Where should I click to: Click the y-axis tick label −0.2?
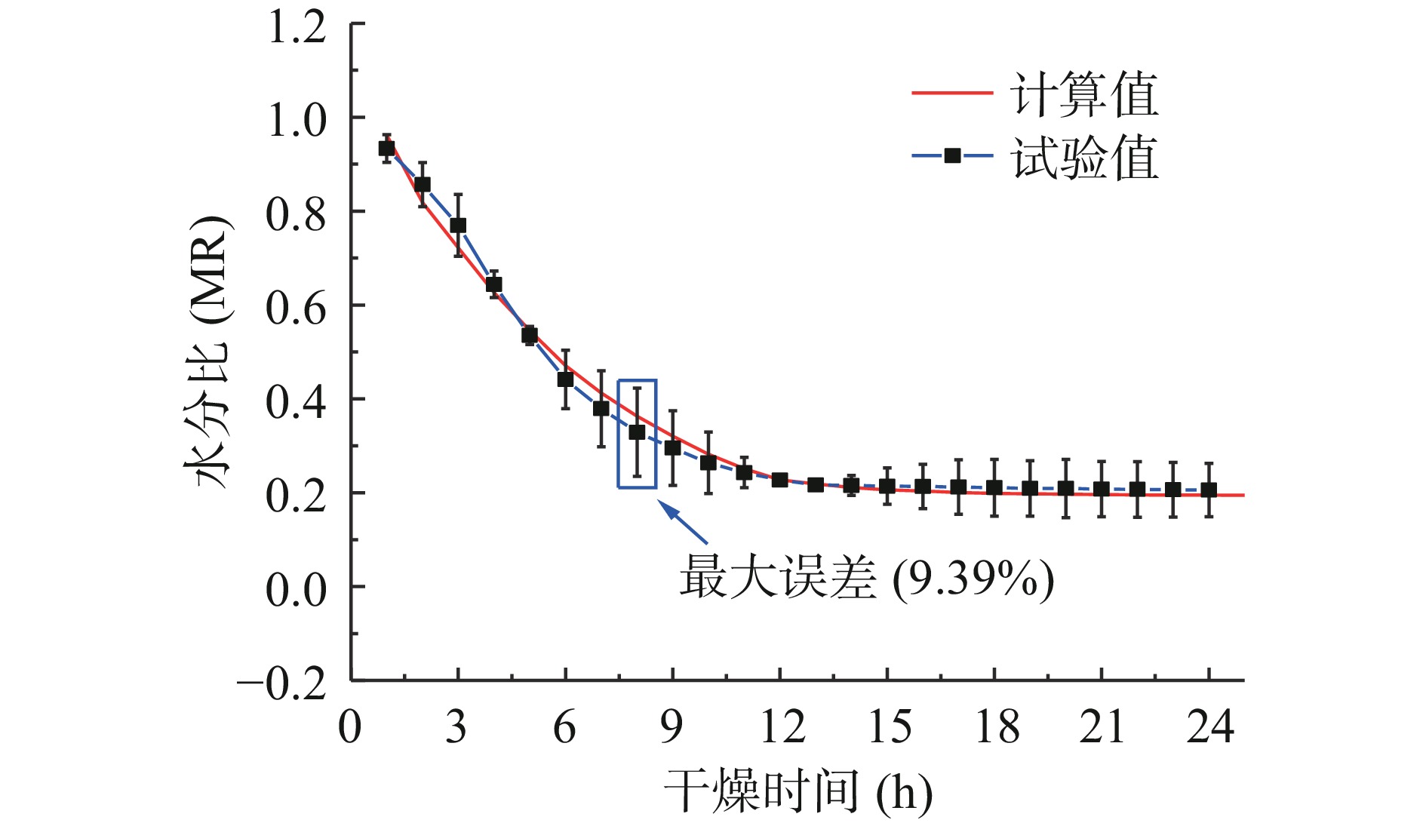click(x=281, y=683)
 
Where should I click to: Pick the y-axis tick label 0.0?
click(x=297, y=589)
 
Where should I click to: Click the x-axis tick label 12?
click(x=782, y=726)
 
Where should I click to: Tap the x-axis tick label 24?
click(x=1210, y=726)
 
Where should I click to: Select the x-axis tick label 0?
click(x=350, y=726)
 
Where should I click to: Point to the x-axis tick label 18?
click(x=997, y=726)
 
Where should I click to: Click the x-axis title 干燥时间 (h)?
click(x=798, y=792)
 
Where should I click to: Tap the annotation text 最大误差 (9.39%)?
click(x=866, y=579)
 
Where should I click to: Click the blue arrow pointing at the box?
click(x=684, y=524)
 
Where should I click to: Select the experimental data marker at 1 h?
click(x=386, y=149)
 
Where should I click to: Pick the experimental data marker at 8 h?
click(x=637, y=432)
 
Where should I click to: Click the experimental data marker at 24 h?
click(x=1209, y=490)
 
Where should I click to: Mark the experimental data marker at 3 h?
click(x=458, y=226)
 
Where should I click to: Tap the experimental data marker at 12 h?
click(x=780, y=480)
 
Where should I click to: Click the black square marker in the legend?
click(x=952, y=156)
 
